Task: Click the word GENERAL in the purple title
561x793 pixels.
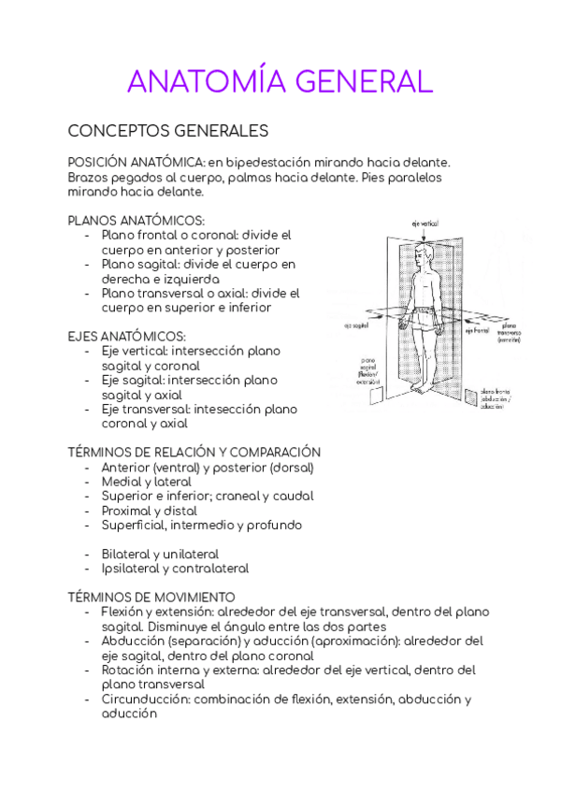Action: (365, 81)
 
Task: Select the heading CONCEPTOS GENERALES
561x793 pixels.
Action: (168, 131)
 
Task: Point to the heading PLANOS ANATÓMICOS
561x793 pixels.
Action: (137, 221)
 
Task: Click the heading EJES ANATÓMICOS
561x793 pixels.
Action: (127, 336)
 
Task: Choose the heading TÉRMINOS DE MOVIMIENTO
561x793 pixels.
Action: (151, 597)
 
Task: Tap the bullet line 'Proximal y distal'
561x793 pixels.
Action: (150, 511)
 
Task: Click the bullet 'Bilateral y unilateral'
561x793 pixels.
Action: (160, 554)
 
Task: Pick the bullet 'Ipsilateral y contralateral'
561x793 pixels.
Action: (175, 568)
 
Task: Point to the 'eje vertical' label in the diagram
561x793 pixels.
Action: (424, 223)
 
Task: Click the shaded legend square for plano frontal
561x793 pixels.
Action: (470, 396)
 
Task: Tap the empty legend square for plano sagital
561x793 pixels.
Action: (375, 396)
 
